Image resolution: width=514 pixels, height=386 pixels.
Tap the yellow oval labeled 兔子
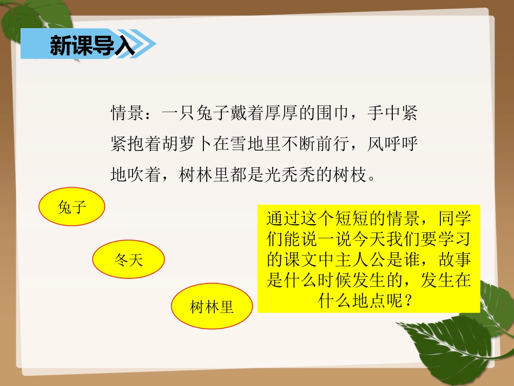click(71, 206)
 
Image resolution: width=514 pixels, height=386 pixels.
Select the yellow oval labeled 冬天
click(128, 260)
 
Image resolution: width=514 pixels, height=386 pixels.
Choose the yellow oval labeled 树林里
click(212, 308)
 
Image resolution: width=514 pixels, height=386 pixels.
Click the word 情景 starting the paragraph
click(127, 114)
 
